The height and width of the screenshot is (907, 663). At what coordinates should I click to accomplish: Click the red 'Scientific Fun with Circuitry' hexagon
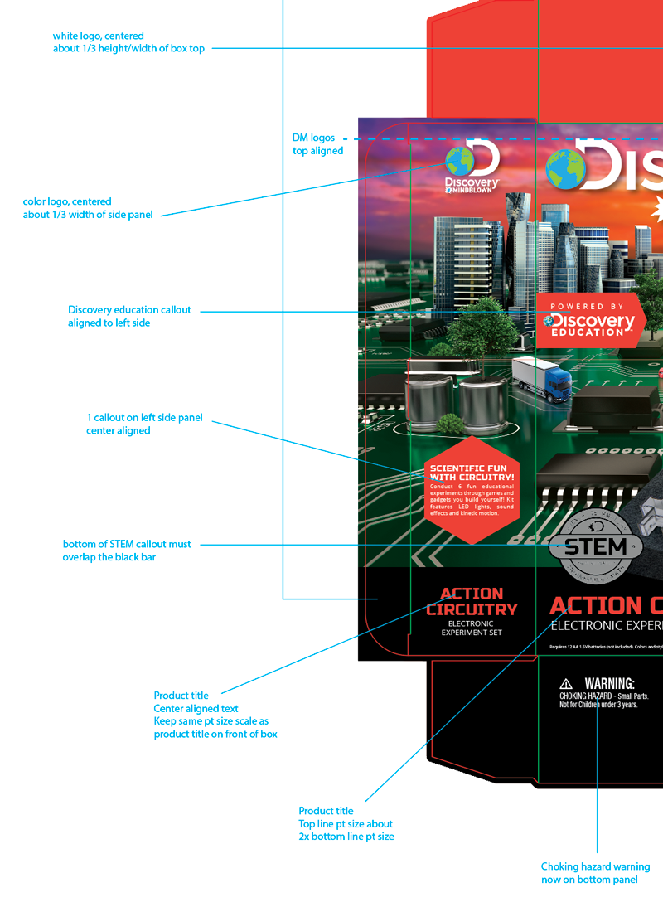coord(472,490)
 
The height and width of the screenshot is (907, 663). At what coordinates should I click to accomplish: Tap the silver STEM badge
coord(595,547)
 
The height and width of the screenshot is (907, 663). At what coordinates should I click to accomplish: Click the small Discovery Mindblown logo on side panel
coord(472,170)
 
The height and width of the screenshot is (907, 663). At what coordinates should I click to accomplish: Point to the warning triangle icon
coord(566,684)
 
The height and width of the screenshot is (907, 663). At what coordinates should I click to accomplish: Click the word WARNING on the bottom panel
coord(609,684)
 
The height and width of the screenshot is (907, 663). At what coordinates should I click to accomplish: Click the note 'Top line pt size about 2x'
coord(346,824)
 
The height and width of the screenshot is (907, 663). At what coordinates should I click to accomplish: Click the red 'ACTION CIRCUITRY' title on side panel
coord(472,601)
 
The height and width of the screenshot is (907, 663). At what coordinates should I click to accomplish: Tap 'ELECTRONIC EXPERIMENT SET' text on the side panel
coord(471,628)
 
